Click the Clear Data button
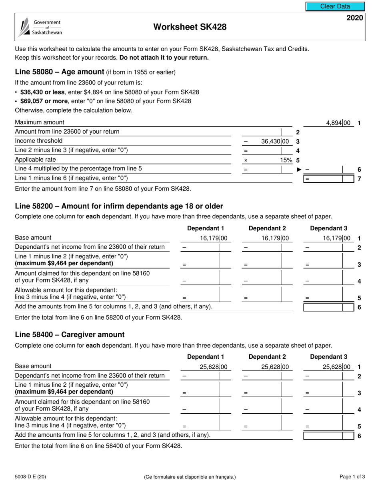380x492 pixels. point(335,6)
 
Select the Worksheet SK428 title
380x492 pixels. point(190,27)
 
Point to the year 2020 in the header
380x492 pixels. point(354,18)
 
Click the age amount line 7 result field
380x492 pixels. point(329,178)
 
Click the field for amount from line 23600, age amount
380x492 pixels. point(266,132)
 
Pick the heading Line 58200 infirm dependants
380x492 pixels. point(119,206)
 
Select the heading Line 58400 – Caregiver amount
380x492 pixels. point(70,335)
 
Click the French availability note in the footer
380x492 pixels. point(190,477)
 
